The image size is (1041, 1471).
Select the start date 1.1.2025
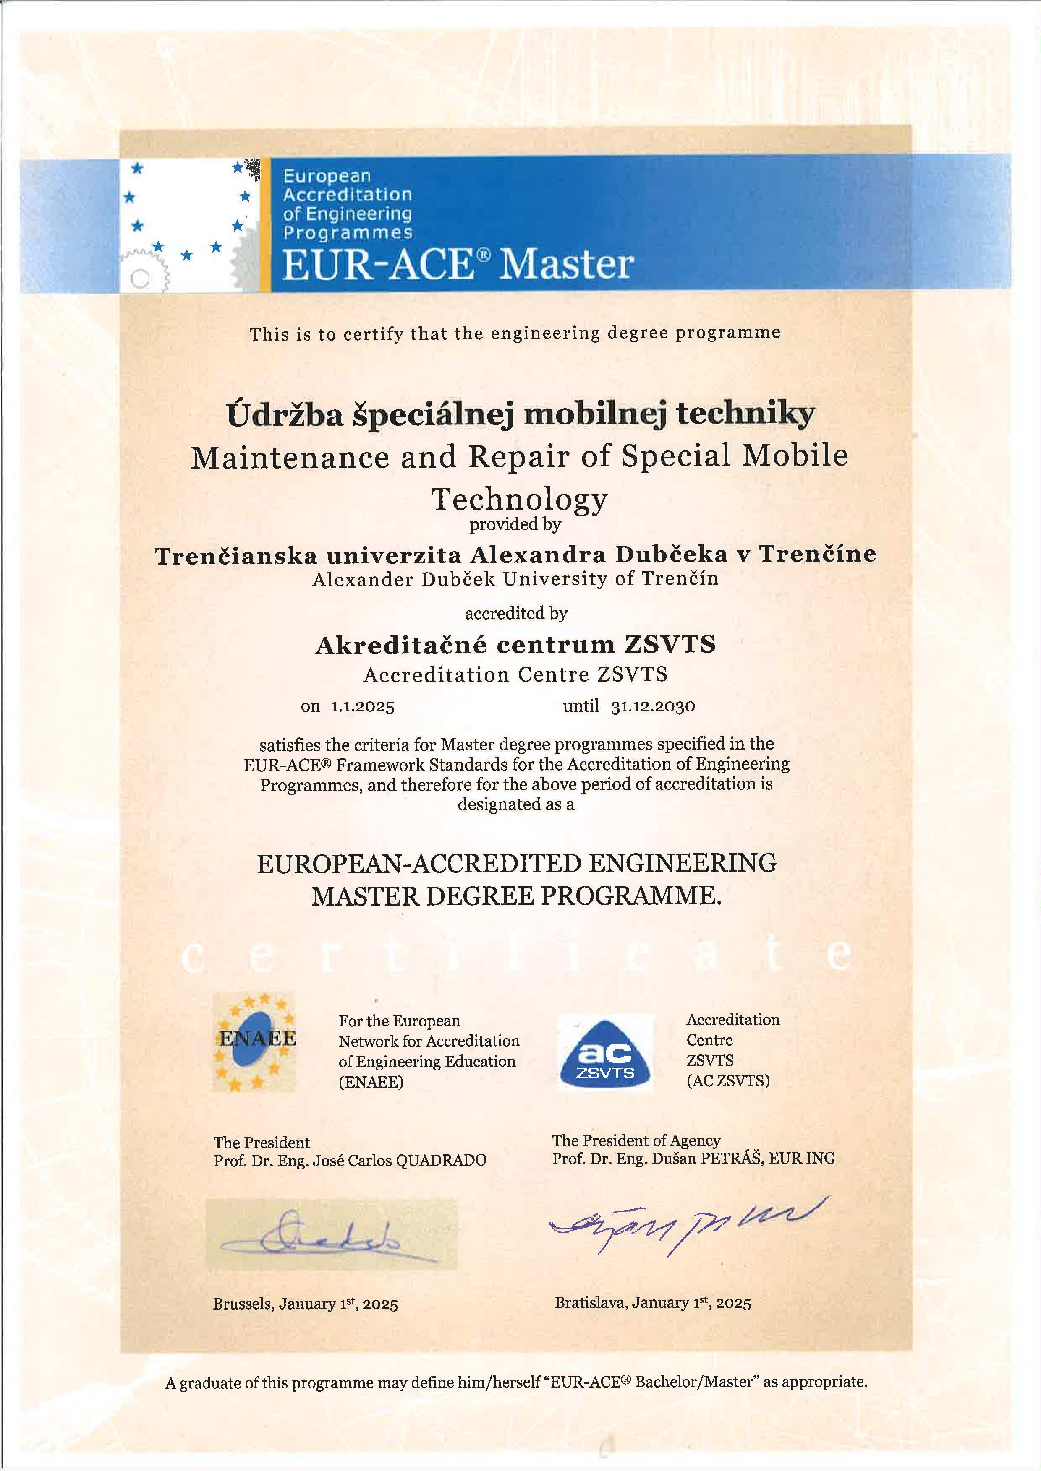pyautogui.click(x=362, y=707)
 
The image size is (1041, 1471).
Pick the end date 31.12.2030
pyautogui.click(x=653, y=707)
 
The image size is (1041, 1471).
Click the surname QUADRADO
pyautogui.click(x=442, y=1160)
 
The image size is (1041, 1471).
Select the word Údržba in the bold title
pyautogui.click(x=287, y=415)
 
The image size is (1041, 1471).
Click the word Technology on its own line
pyautogui.click(x=519, y=499)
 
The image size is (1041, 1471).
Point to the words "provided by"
pyautogui.click(x=515, y=525)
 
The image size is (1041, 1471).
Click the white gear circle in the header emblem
pyautogui.click(x=140, y=278)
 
